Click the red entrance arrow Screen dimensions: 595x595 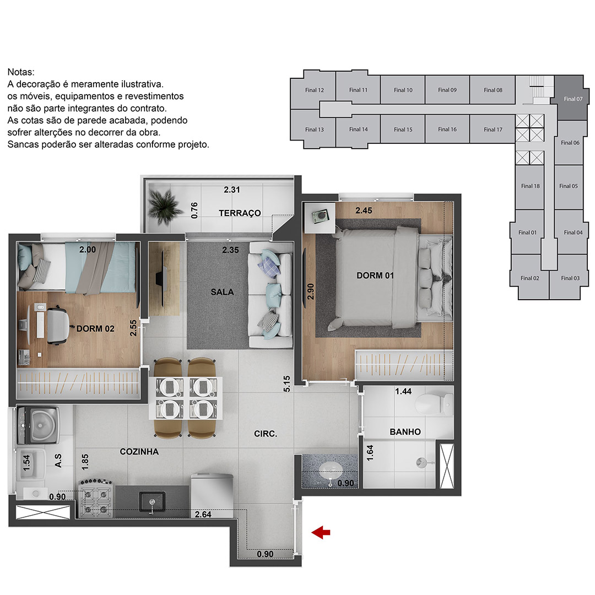click(x=321, y=532)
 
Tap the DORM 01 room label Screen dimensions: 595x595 click(x=375, y=275)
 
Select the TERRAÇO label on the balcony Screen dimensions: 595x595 click(x=240, y=213)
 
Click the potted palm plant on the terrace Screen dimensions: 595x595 click(x=165, y=207)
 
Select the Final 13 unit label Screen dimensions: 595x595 click(x=314, y=129)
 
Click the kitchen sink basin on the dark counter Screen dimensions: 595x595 click(x=152, y=502)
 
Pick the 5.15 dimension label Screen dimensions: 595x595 click(x=287, y=383)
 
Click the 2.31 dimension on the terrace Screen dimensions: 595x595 click(x=231, y=190)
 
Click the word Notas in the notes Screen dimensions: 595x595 click(x=21, y=72)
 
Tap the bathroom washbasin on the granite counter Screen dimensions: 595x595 click(x=331, y=472)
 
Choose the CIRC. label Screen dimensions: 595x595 click(x=266, y=434)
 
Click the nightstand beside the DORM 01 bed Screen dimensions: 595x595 click(x=320, y=218)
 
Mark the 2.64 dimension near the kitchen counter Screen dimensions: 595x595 click(x=203, y=514)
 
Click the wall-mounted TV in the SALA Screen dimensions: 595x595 click(x=163, y=279)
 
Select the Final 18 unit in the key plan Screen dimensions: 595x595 click(x=530, y=186)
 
